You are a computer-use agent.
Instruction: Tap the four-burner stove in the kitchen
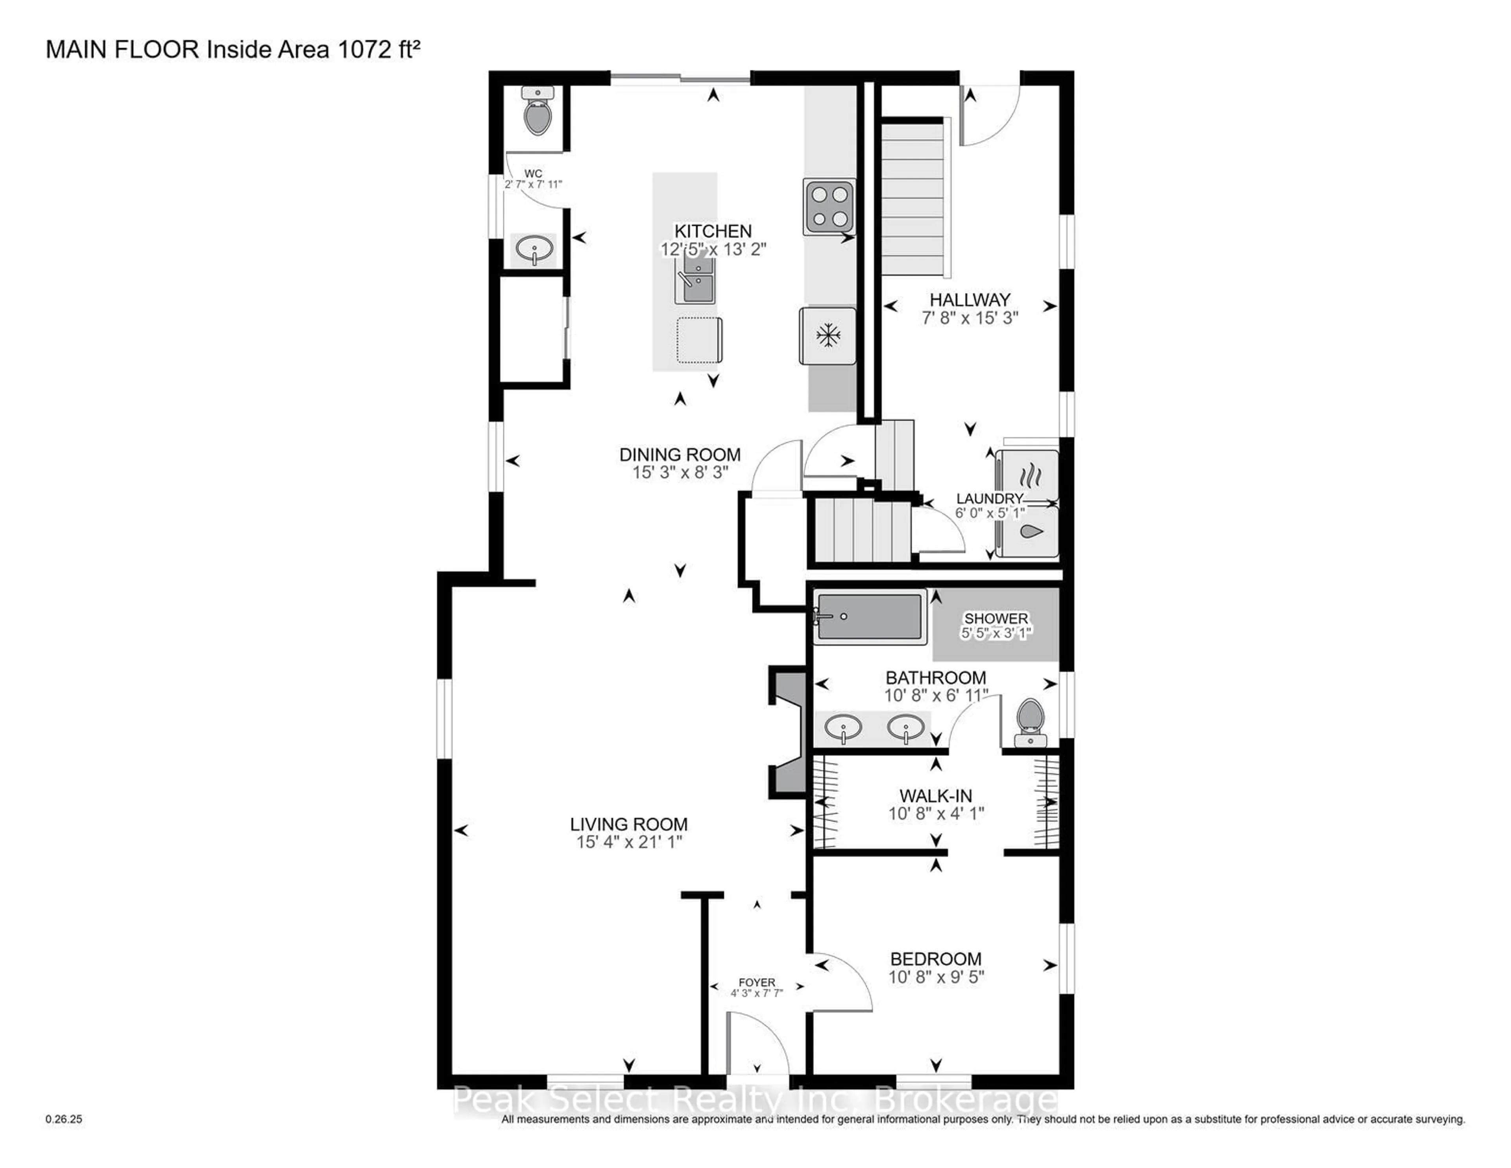[829, 206]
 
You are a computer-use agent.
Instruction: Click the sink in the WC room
[534, 248]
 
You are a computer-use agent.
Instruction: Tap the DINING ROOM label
[680, 455]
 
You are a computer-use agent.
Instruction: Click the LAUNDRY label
[989, 498]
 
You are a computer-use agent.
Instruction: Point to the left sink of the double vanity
[843, 728]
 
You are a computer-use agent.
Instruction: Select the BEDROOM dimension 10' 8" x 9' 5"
[936, 977]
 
